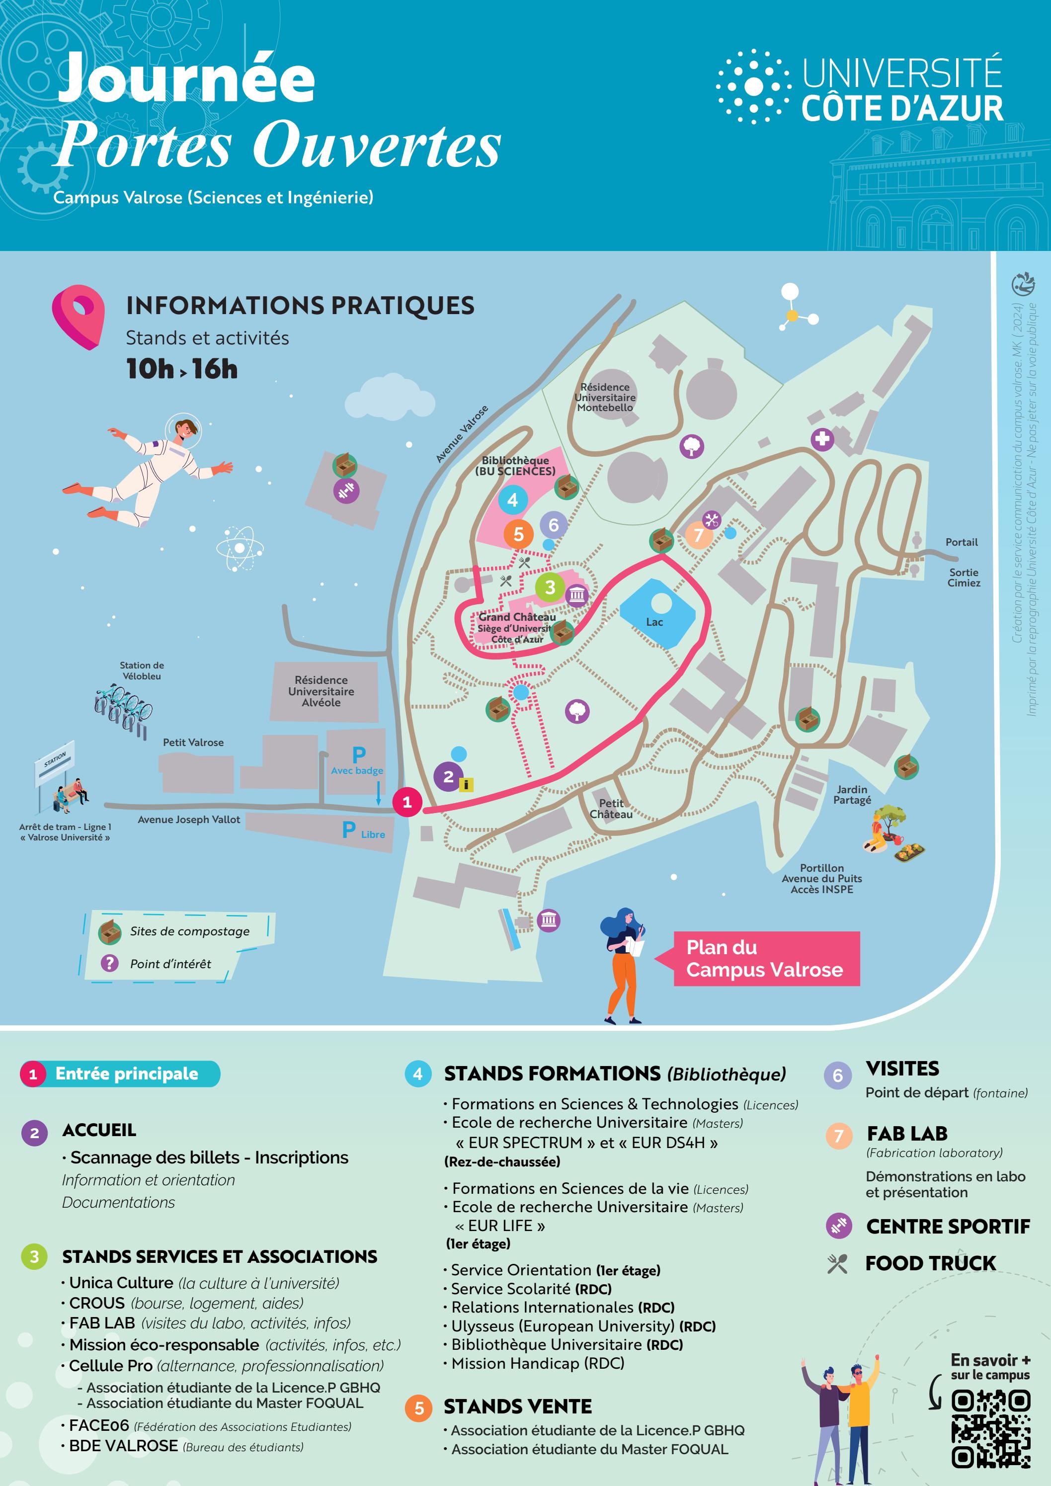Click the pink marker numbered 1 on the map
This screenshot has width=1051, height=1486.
point(407,803)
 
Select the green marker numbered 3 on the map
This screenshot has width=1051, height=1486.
point(550,587)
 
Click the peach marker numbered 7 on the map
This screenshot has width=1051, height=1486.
point(698,535)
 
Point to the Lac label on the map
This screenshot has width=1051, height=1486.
point(654,622)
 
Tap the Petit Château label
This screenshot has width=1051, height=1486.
point(611,809)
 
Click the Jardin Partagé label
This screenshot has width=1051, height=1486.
point(852,795)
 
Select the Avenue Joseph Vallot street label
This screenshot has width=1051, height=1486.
point(189,820)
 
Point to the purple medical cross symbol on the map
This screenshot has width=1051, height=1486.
point(822,439)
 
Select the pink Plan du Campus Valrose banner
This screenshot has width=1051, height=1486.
point(766,959)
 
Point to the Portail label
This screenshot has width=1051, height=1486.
point(961,542)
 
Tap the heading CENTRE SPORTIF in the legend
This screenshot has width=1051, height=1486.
point(948,1227)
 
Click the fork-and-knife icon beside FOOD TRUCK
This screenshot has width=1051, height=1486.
point(837,1263)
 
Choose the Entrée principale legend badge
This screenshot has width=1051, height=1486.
point(120,1073)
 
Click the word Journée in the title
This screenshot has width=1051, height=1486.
point(187,79)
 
